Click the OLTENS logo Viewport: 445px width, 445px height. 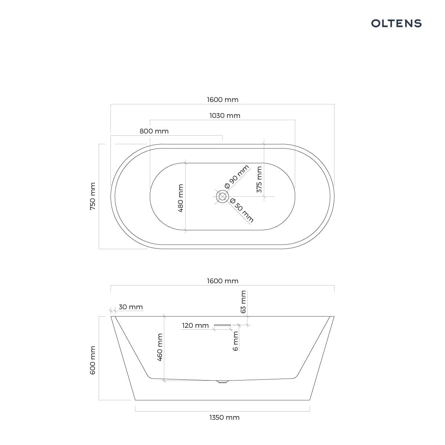pyautogui.click(x=396, y=23)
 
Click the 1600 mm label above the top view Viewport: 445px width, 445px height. pyautogui.click(x=222, y=99)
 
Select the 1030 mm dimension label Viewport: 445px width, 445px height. pyautogui.click(x=225, y=115)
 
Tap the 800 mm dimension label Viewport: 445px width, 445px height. pyautogui.click(x=154, y=131)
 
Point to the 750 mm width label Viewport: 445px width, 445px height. pyautogui.click(x=93, y=196)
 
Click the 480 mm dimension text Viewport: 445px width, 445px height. pyautogui.click(x=181, y=198)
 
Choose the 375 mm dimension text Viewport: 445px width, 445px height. pyautogui.click(x=259, y=179)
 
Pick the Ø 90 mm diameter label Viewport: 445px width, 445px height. pyautogui.click(x=237, y=177)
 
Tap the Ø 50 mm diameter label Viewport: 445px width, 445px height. pyautogui.click(x=242, y=210)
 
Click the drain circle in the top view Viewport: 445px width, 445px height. pyautogui.click(x=222, y=197)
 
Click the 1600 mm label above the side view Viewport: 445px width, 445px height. pyautogui.click(x=222, y=281)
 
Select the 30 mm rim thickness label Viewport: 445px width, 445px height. pyautogui.click(x=131, y=307)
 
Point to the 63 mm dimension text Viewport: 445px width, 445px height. pyautogui.click(x=243, y=302)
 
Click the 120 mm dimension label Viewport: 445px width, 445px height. pyautogui.click(x=195, y=325)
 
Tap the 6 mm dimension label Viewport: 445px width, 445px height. pyautogui.click(x=235, y=341)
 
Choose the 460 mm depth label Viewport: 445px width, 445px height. pyautogui.click(x=160, y=347)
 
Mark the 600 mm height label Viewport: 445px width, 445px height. pyautogui.click(x=93, y=360)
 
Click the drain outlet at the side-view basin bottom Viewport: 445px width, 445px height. pyautogui.click(x=222, y=382)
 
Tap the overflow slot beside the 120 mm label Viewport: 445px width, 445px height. pyautogui.click(x=222, y=325)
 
